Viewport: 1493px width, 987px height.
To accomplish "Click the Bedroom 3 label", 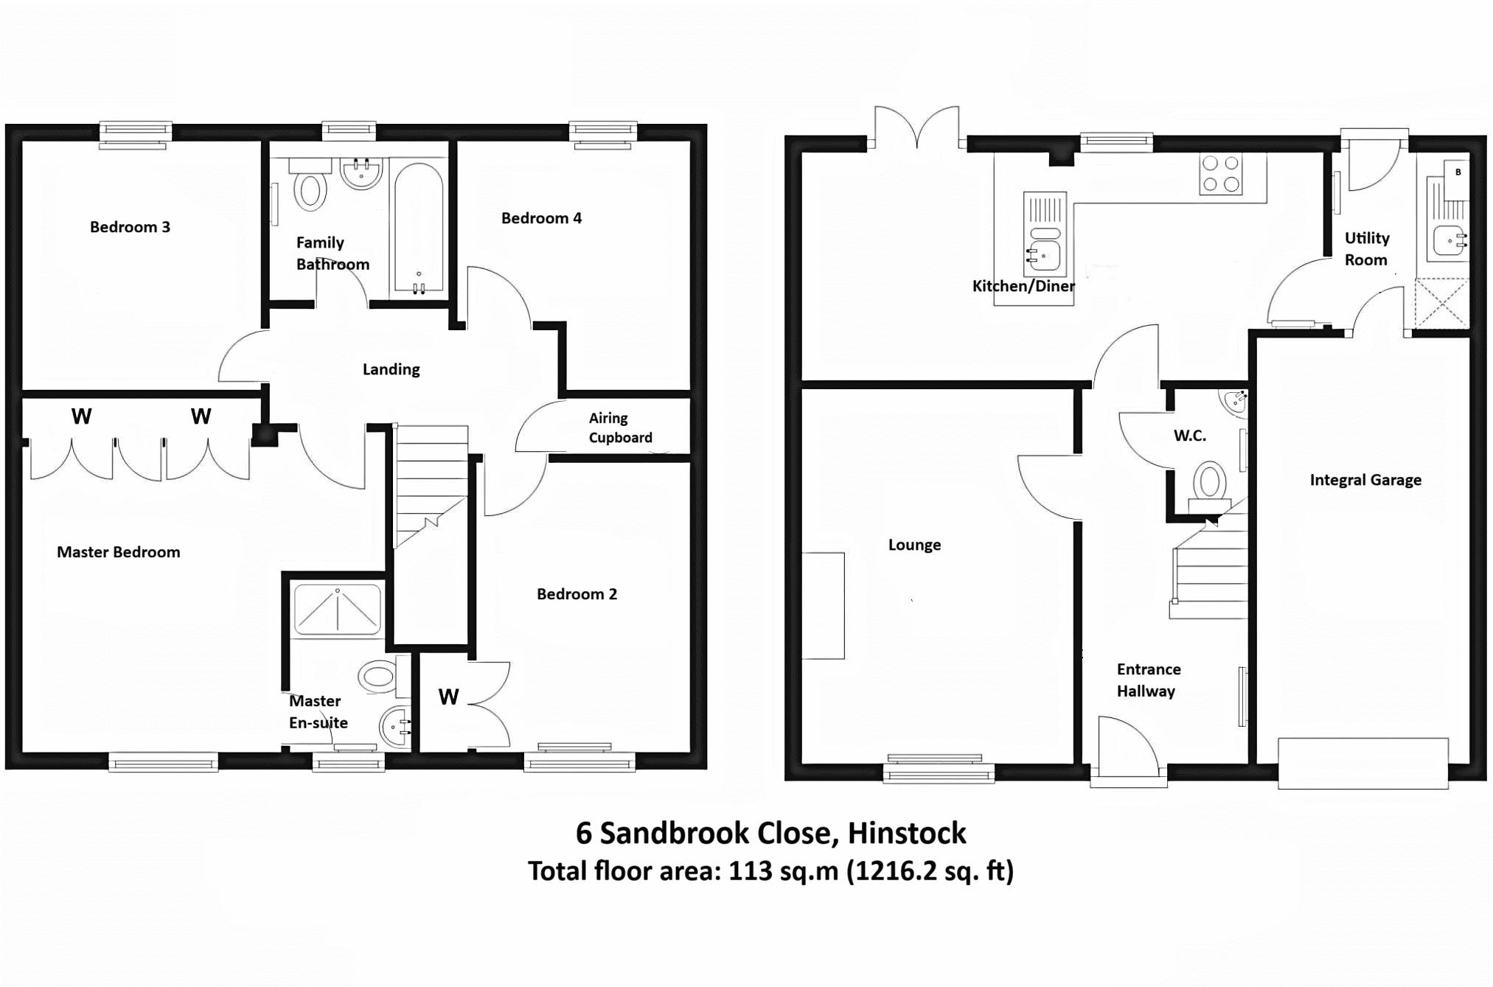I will (x=130, y=227).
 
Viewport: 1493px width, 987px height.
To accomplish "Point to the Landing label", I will (x=391, y=369).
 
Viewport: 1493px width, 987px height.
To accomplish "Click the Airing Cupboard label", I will (x=620, y=428).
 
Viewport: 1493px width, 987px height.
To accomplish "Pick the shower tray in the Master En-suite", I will (x=338, y=610).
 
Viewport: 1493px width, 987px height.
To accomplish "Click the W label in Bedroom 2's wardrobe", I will (x=448, y=697).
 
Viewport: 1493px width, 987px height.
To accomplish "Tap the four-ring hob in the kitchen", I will (x=1220, y=174).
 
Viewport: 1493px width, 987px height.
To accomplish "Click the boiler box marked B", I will (x=1457, y=179).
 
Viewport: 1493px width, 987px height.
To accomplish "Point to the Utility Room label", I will (x=1366, y=248).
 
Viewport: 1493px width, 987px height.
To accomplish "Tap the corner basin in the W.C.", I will (x=1235, y=401).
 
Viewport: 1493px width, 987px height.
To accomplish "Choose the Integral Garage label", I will (x=1365, y=480).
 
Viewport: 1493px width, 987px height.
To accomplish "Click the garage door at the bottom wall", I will (x=1363, y=763).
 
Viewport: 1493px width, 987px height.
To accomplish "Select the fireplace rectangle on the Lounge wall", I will (x=823, y=605).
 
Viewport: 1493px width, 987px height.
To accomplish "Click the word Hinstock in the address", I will (x=906, y=833).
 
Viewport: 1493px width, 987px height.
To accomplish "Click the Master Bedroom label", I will (x=118, y=552).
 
